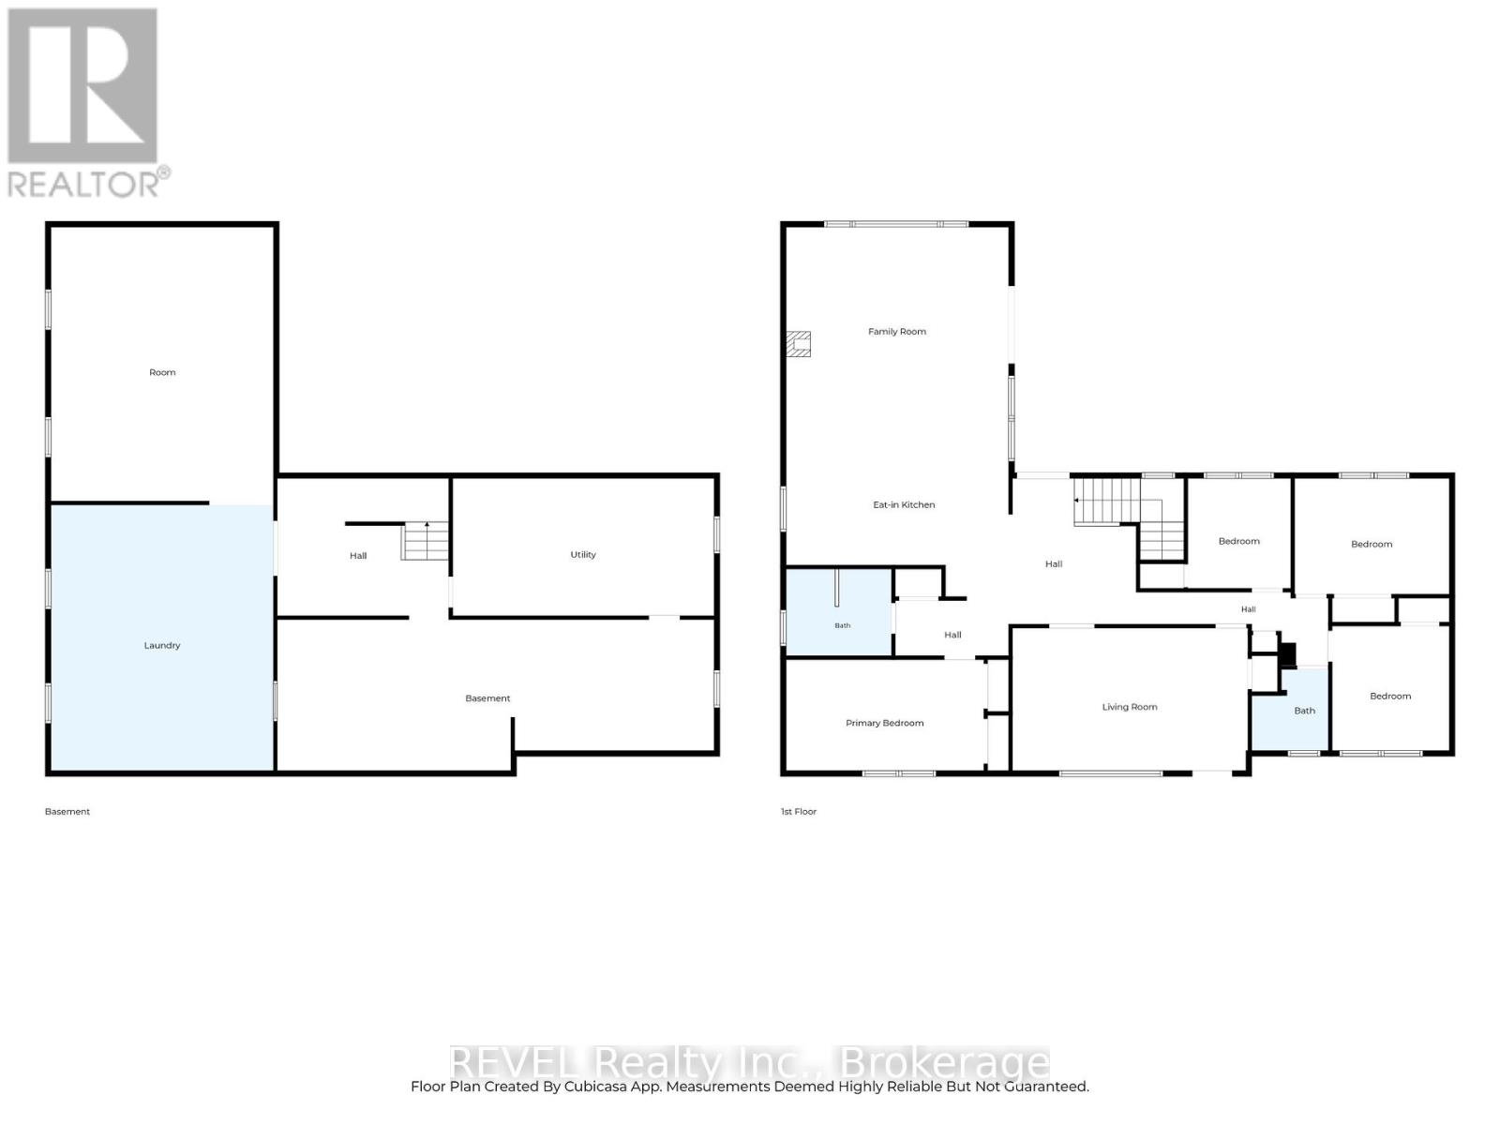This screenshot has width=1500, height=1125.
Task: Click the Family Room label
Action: click(x=896, y=331)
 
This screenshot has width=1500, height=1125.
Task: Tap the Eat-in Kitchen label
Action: click(x=904, y=504)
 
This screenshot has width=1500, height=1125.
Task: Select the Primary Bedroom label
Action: click(x=884, y=723)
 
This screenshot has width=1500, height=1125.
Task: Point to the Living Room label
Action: click(x=1129, y=707)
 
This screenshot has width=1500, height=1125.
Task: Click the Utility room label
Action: click(x=583, y=555)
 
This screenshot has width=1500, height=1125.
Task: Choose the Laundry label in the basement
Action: click(x=162, y=645)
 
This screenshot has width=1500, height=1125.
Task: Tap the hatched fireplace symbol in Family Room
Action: click(x=798, y=344)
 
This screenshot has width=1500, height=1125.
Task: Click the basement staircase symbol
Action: click(x=425, y=541)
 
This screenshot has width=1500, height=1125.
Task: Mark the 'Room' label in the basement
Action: click(x=162, y=372)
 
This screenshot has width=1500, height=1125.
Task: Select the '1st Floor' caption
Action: click(x=798, y=812)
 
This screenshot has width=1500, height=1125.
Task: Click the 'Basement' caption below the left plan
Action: click(x=67, y=812)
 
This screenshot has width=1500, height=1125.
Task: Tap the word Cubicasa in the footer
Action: click(x=592, y=1086)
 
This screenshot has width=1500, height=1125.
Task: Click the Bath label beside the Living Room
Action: click(x=1304, y=711)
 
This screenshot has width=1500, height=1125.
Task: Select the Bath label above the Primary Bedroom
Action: click(x=842, y=625)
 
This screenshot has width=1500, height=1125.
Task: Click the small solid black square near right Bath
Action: click(x=1287, y=655)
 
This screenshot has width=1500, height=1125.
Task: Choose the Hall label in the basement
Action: click(x=358, y=556)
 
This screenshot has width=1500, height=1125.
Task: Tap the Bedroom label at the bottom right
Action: click(x=1390, y=696)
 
